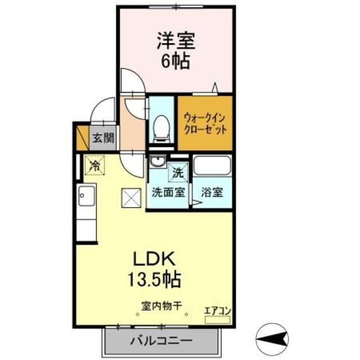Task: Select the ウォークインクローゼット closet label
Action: [x=205, y=124]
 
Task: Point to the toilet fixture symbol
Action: [x=161, y=127]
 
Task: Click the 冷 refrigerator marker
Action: [x=94, y=166]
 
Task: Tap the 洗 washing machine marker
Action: [x=177, y=173]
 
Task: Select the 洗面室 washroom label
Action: [x=167, y=192]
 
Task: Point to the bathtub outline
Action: [x=211, y=166]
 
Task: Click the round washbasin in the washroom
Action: [x=156, y=163]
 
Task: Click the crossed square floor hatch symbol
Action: [x=130, y=197]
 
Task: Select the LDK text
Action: [x=155, y=259]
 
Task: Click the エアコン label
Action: [x=217, y=309]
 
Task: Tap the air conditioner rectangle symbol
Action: [x=218, y=319]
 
